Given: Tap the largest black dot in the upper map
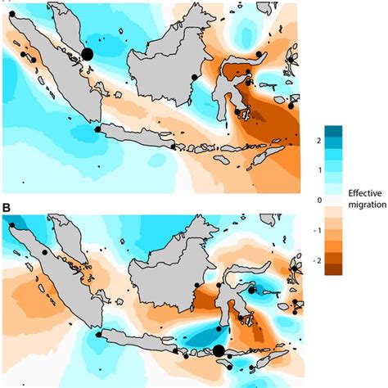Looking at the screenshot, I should (x=88, y=54).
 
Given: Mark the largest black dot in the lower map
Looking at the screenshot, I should (x=219, y=352).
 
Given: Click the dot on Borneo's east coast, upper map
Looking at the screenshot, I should (x=194, y=77).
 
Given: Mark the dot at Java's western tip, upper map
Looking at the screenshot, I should (x=97, y=129).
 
